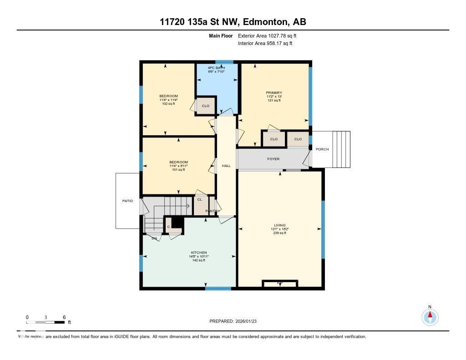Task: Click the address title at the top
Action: point(233,22)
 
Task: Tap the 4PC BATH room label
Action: point(216,68)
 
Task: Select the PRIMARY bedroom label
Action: point(274,93)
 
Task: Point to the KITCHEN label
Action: point(198,253)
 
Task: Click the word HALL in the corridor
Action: point(226,166)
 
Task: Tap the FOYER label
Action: point(273,159)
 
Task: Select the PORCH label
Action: point(322,149)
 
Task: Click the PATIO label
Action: point(127,201)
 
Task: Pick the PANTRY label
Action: point(213,211)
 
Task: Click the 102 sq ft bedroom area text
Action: point(168,104)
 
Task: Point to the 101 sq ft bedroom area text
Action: point(178,170)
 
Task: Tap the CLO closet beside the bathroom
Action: point(206,106)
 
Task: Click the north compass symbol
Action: point(430,317)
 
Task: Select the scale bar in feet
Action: point(46,322)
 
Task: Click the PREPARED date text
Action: point(236,321)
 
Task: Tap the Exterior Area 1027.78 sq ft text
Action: point(267,35)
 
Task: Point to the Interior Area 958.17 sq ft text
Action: point(265,44)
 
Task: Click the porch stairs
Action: point(341,149)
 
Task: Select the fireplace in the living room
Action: point(280,284)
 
